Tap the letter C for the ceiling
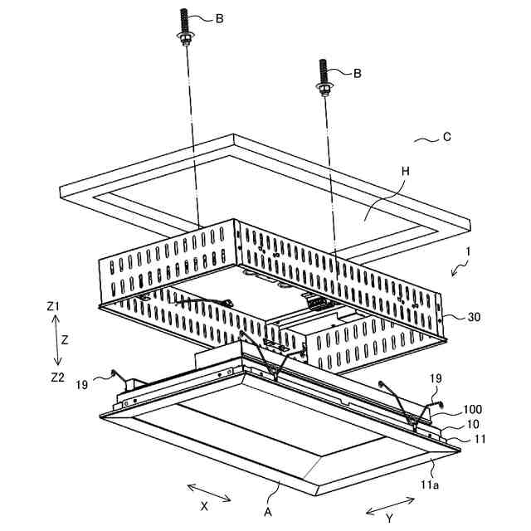click(446, 137)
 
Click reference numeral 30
click(474, 316)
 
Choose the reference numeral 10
click(471, 424)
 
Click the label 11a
click(429, 481)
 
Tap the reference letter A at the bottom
click(268, 512)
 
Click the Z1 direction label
click(54, 306)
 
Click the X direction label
click(203, 504)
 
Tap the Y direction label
click(388, 519)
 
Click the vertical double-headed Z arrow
click(57, 341)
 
